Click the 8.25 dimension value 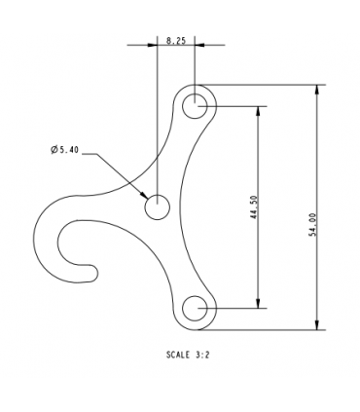click(x=176, y=40)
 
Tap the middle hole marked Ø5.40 click(x=157, y=206)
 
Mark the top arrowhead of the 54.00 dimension click(x=315, y=90)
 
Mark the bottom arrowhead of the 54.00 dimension click(x=315, y=324)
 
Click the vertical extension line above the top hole click(x=196, y=68)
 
